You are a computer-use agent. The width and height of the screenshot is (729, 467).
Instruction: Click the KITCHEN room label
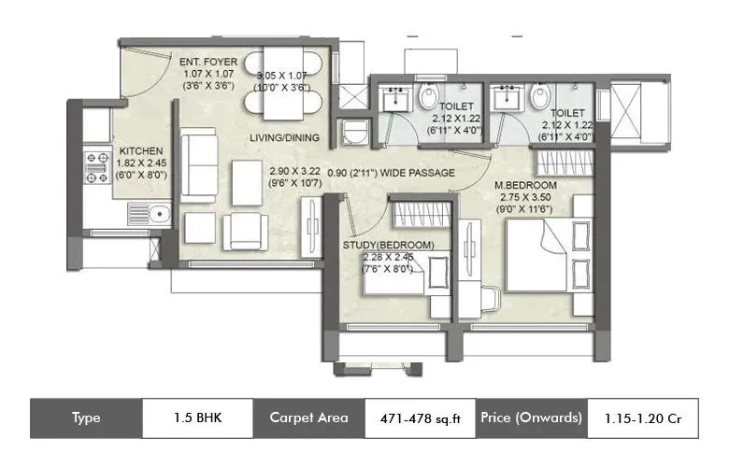pyautogui.click(x=141, y=150)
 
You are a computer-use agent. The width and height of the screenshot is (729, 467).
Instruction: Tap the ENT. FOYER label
pyautogui.click(x=208, y=63)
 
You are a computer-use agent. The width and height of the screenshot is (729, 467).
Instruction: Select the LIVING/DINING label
pyautogui.click(x=284, y=138)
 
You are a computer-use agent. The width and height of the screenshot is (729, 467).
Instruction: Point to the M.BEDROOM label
pyautogui.click(x=526, y=186)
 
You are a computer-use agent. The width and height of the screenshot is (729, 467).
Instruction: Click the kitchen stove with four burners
pyautogui.click(x=97, y=164)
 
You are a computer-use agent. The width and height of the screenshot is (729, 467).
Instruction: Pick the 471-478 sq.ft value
pyautogui.click(x=418, y=417)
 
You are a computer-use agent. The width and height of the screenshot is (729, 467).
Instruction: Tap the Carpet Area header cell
pyautogui.click(x=308, y=417)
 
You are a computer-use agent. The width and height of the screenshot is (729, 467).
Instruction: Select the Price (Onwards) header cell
pyautogui.click(x=533, y=417)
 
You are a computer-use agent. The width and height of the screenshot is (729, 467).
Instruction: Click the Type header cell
pyautogui.click(x=85, y=417)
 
